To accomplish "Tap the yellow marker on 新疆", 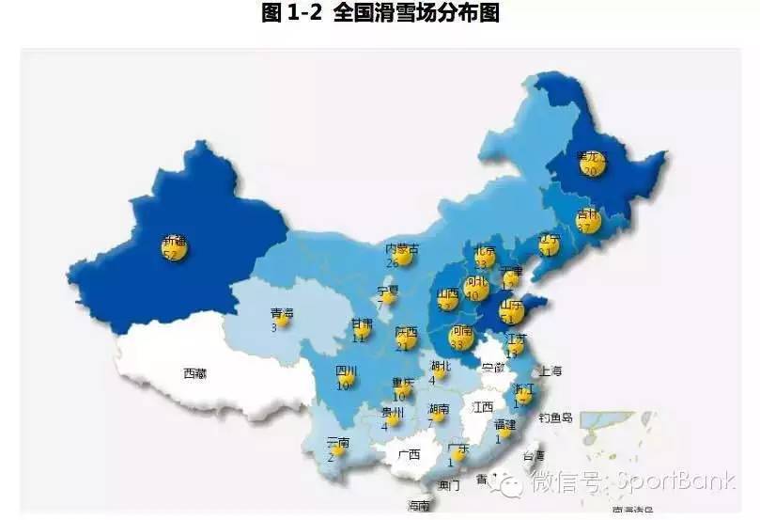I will coord(175,248).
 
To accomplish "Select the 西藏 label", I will coord(194,373).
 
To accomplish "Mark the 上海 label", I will coord(550,370).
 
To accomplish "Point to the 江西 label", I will coord(483,407).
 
